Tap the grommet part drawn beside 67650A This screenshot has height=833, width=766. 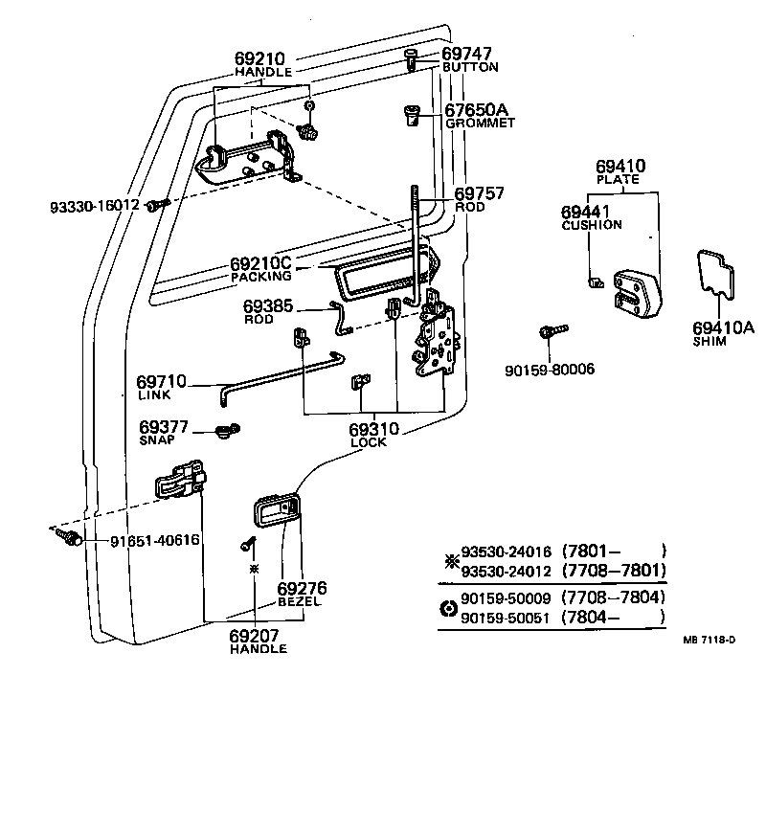click(x=411, y=116)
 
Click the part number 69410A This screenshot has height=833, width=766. click(x=723, y=328)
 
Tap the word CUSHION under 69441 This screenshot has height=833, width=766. click(x=591, y=225)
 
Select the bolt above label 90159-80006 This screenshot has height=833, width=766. click(x=552, y=331)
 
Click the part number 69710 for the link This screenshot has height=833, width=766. click(x=162, y=381)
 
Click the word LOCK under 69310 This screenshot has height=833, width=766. click(x=369, y=442)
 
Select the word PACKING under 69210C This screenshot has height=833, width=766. click(x=260, y=277)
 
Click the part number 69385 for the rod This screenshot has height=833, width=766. click(x=268, y=305)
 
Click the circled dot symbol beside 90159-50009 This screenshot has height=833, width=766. click(x=446, y=607)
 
